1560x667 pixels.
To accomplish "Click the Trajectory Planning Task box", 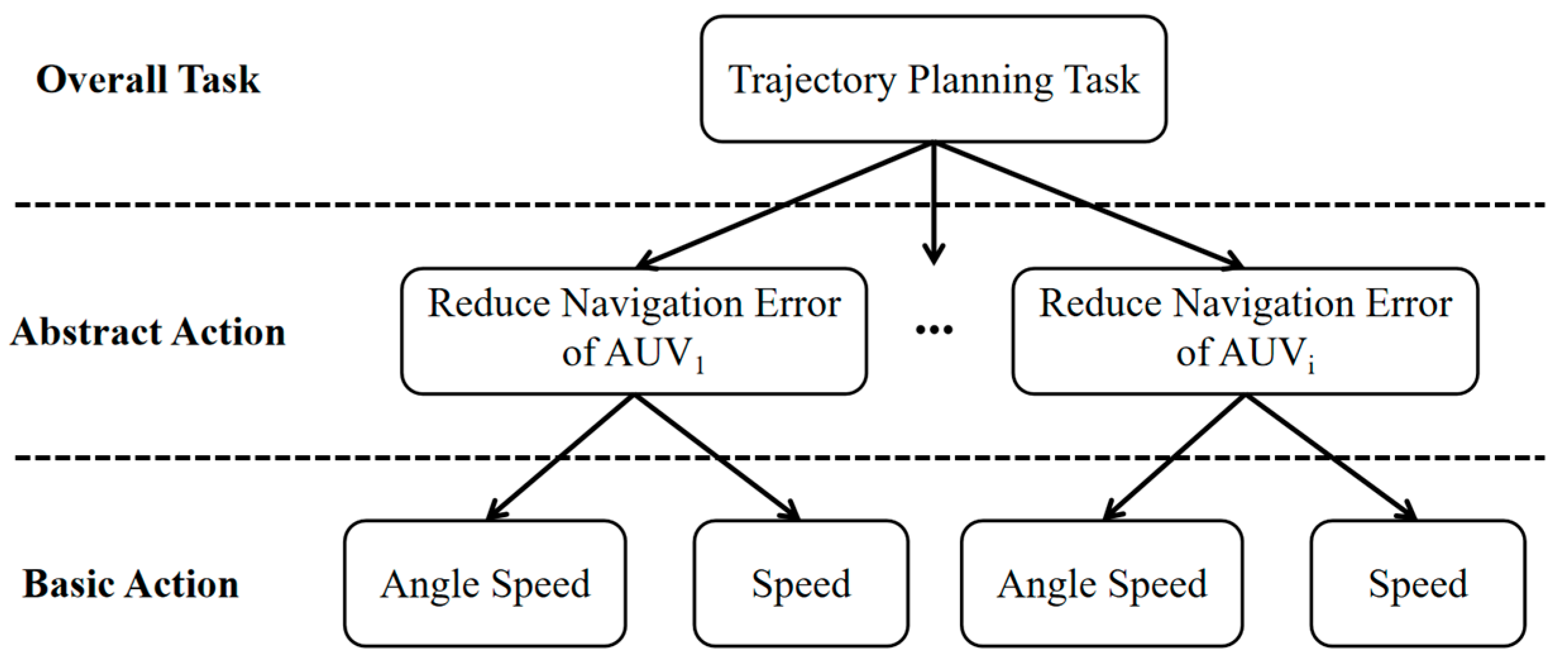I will pos(933,79).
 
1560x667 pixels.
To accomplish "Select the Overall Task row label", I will pos(148,80).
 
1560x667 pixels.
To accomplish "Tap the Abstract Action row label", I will pos(148,332).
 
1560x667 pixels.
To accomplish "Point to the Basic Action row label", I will pos(131,584).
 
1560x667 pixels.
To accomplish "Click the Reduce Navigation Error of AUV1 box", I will pos(633,331).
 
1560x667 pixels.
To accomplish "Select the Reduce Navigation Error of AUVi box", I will pos(1245,331).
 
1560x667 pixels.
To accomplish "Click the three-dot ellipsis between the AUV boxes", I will pos(934,329).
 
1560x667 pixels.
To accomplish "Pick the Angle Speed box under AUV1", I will pos(485,584).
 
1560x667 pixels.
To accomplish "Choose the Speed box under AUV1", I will pos(800,584).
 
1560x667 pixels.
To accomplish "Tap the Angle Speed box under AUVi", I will pos(1102,584).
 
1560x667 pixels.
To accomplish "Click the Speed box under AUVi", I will pos(1418,584).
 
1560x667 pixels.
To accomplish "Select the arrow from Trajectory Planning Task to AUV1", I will pos(784,205).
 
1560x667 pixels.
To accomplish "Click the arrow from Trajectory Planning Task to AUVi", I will pos(1087,205).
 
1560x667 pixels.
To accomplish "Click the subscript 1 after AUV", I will pos(699,365).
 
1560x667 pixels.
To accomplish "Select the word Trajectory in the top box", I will pos(812,80).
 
